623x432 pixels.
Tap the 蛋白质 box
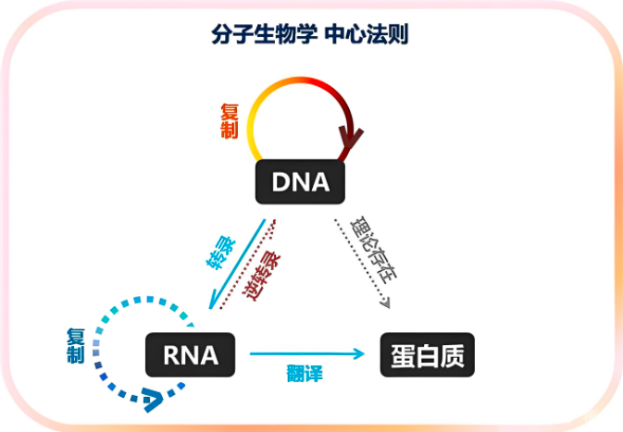(427, 354)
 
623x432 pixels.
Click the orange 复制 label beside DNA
(230, 119)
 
